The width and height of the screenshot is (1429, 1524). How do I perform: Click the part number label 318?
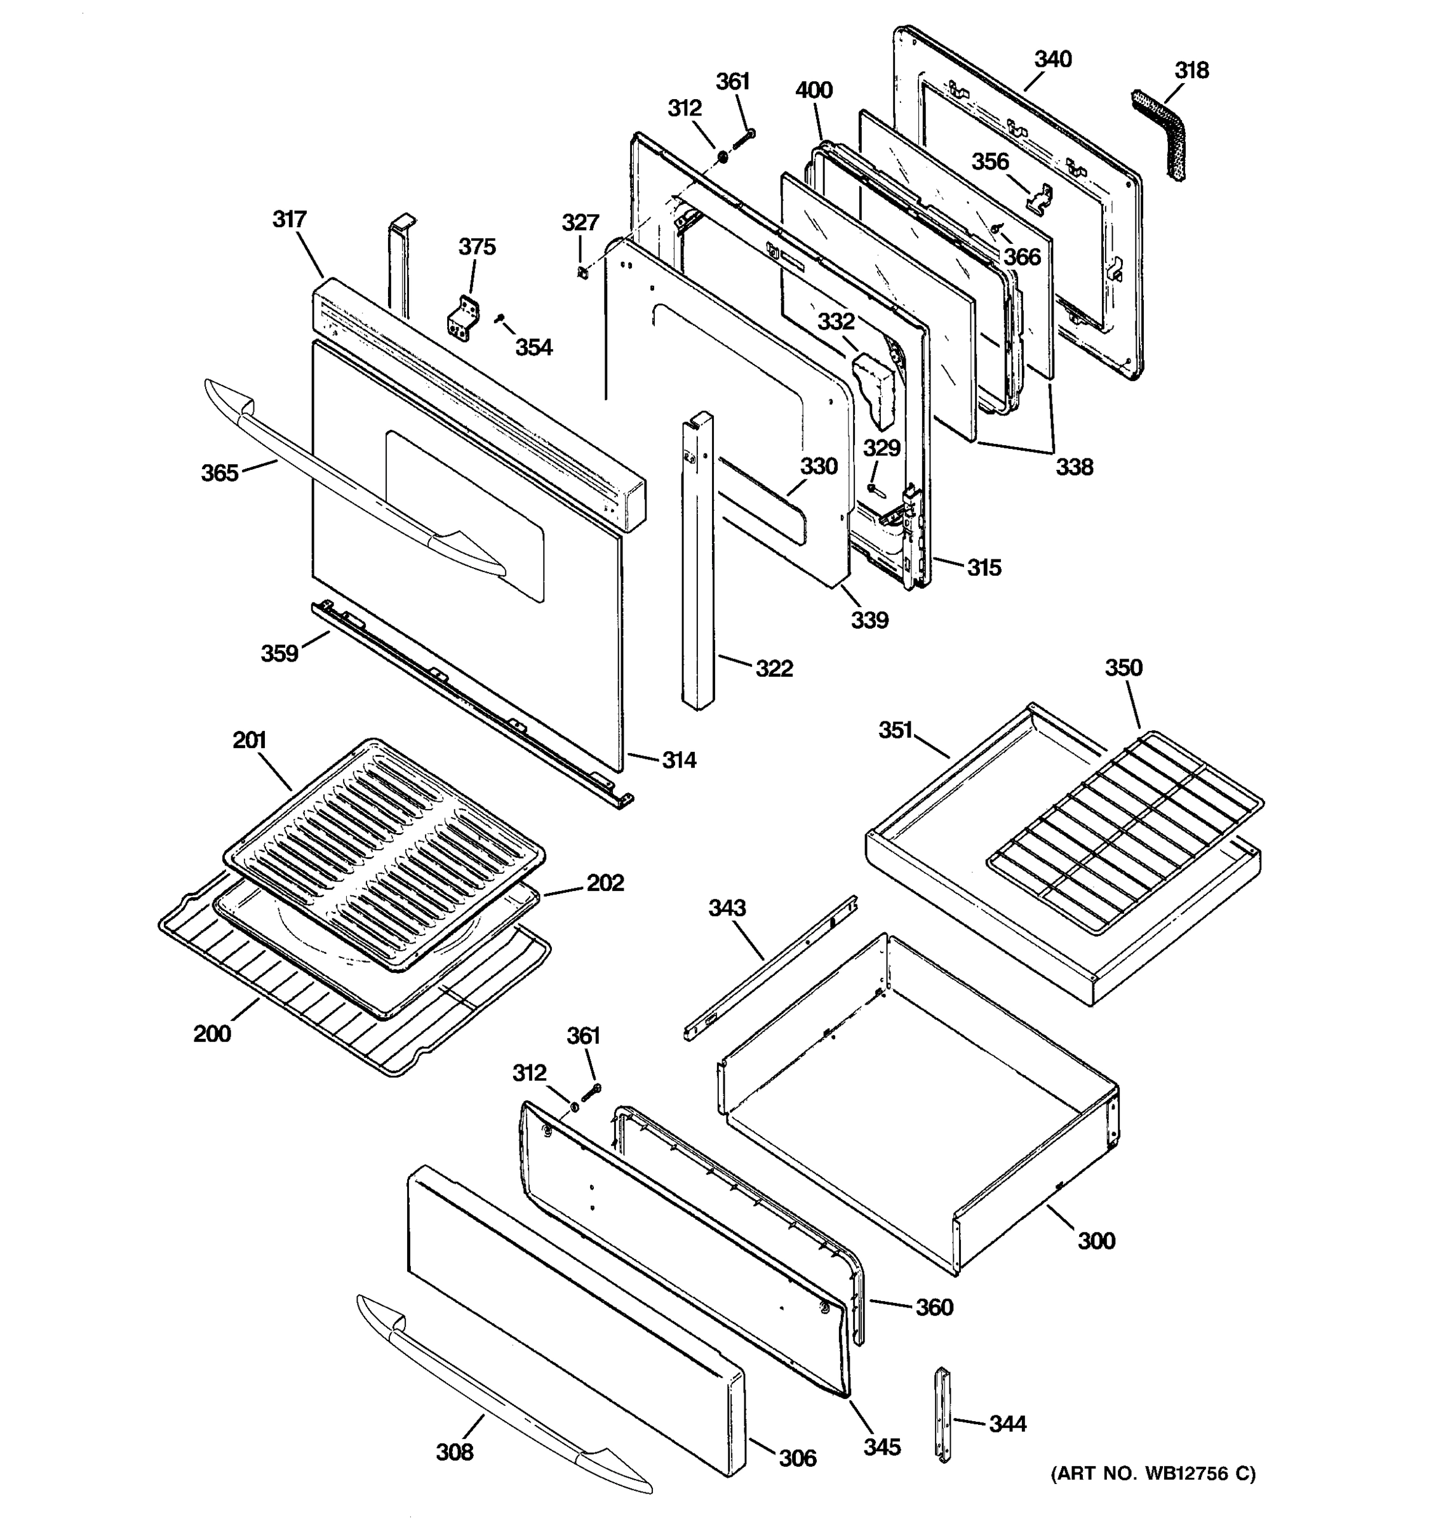1191,70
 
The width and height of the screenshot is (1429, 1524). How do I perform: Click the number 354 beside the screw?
533,347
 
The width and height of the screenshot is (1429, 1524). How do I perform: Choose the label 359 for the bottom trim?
279,653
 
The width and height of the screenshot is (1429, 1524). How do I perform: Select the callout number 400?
814,90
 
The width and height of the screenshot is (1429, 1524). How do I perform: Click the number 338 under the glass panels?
1074,466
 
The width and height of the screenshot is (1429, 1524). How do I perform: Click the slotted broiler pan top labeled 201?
384,851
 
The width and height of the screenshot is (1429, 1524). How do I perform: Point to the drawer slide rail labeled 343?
770,969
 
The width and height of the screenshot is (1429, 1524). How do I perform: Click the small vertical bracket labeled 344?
943,1424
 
